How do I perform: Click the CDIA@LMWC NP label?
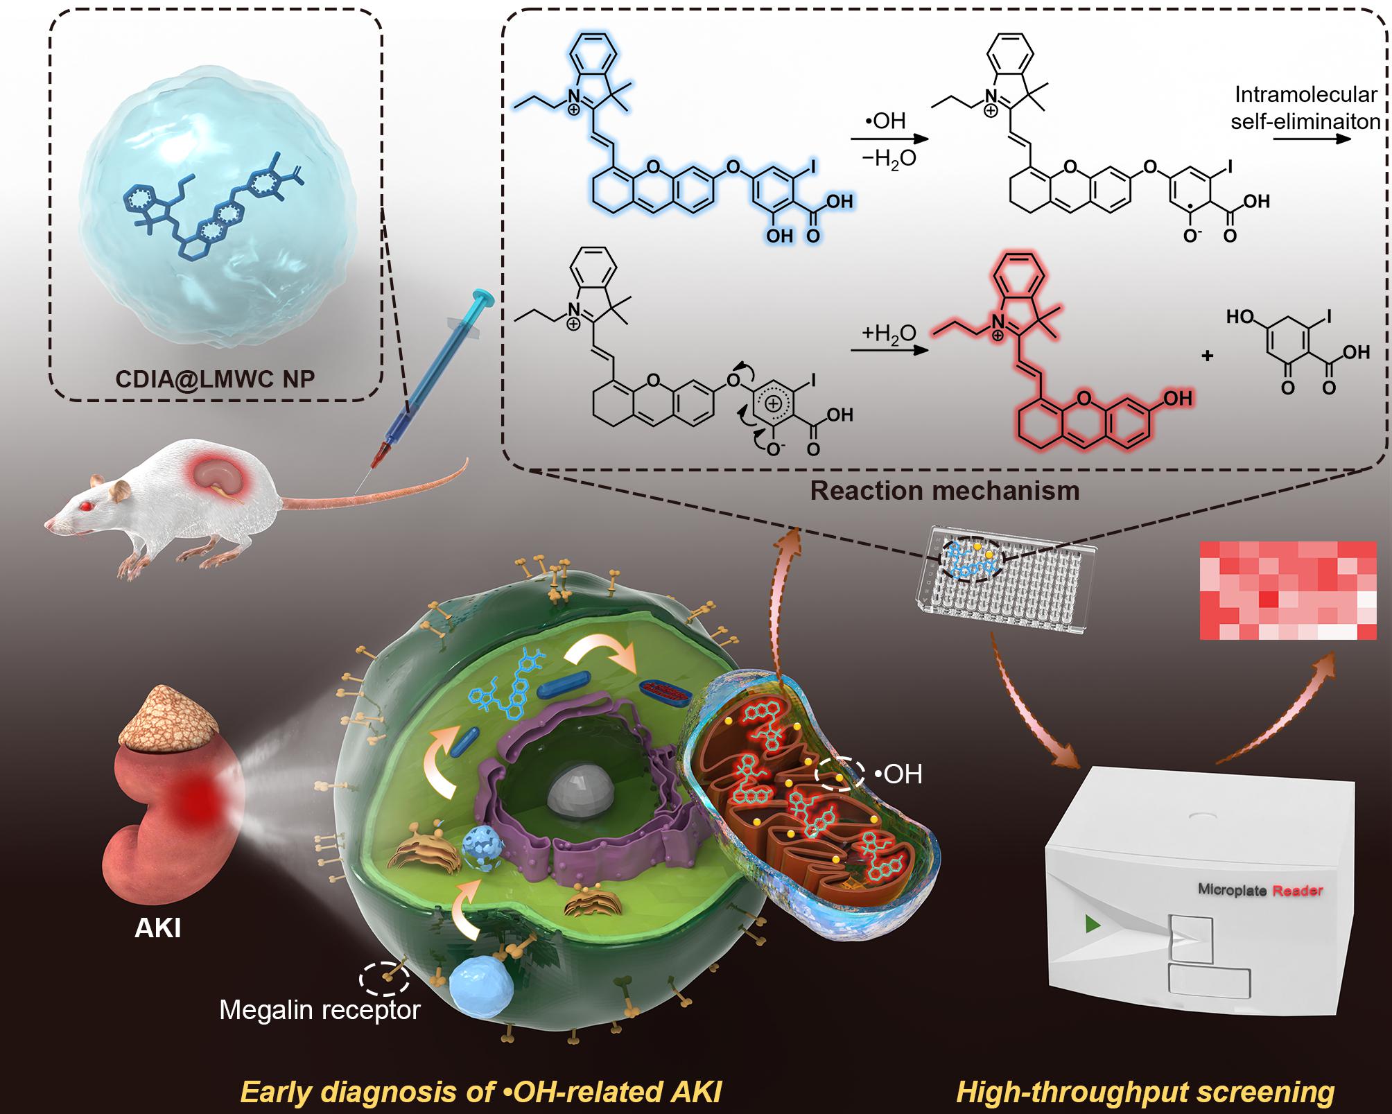pyautogui.click(x=215, y=379)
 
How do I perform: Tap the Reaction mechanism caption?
pyautogui.click(x=944, y=491)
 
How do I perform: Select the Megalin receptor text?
pyautogui.click(x=320, y=1010)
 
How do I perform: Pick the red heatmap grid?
pyautogui.click(x=1287, y=590)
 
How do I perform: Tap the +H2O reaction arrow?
pyautogui.click(x=889, y=350)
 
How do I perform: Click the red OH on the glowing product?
pyautogui.click(x=1176, y=399)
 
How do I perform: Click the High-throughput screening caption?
pyautogui.click(x=1145, y=1092)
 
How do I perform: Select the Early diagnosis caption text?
pyautogui.click(x=481, y=1092)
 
